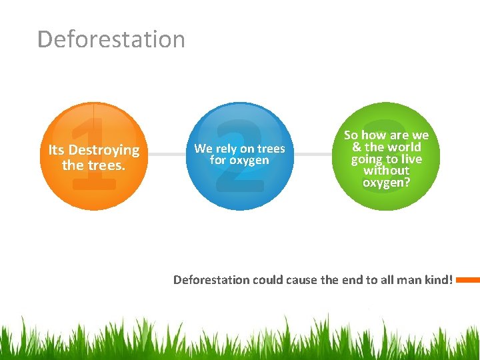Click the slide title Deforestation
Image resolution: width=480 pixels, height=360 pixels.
(x=111, y=39)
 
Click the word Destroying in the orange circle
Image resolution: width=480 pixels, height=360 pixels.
(x=104, y=150)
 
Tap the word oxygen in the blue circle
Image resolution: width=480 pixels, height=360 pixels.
(x=249, y=160)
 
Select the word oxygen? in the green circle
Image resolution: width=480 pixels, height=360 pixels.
(x=387, y=181)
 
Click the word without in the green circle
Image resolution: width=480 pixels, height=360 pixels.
(x=387, y=170)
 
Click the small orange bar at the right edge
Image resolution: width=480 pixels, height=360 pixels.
(x=468, y=280)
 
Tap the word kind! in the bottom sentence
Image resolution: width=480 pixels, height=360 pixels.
(x=439, y=280)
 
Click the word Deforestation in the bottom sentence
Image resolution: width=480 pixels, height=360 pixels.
(x=211, y=280)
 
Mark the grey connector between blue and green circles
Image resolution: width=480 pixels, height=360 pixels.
(x=313, y=154)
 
